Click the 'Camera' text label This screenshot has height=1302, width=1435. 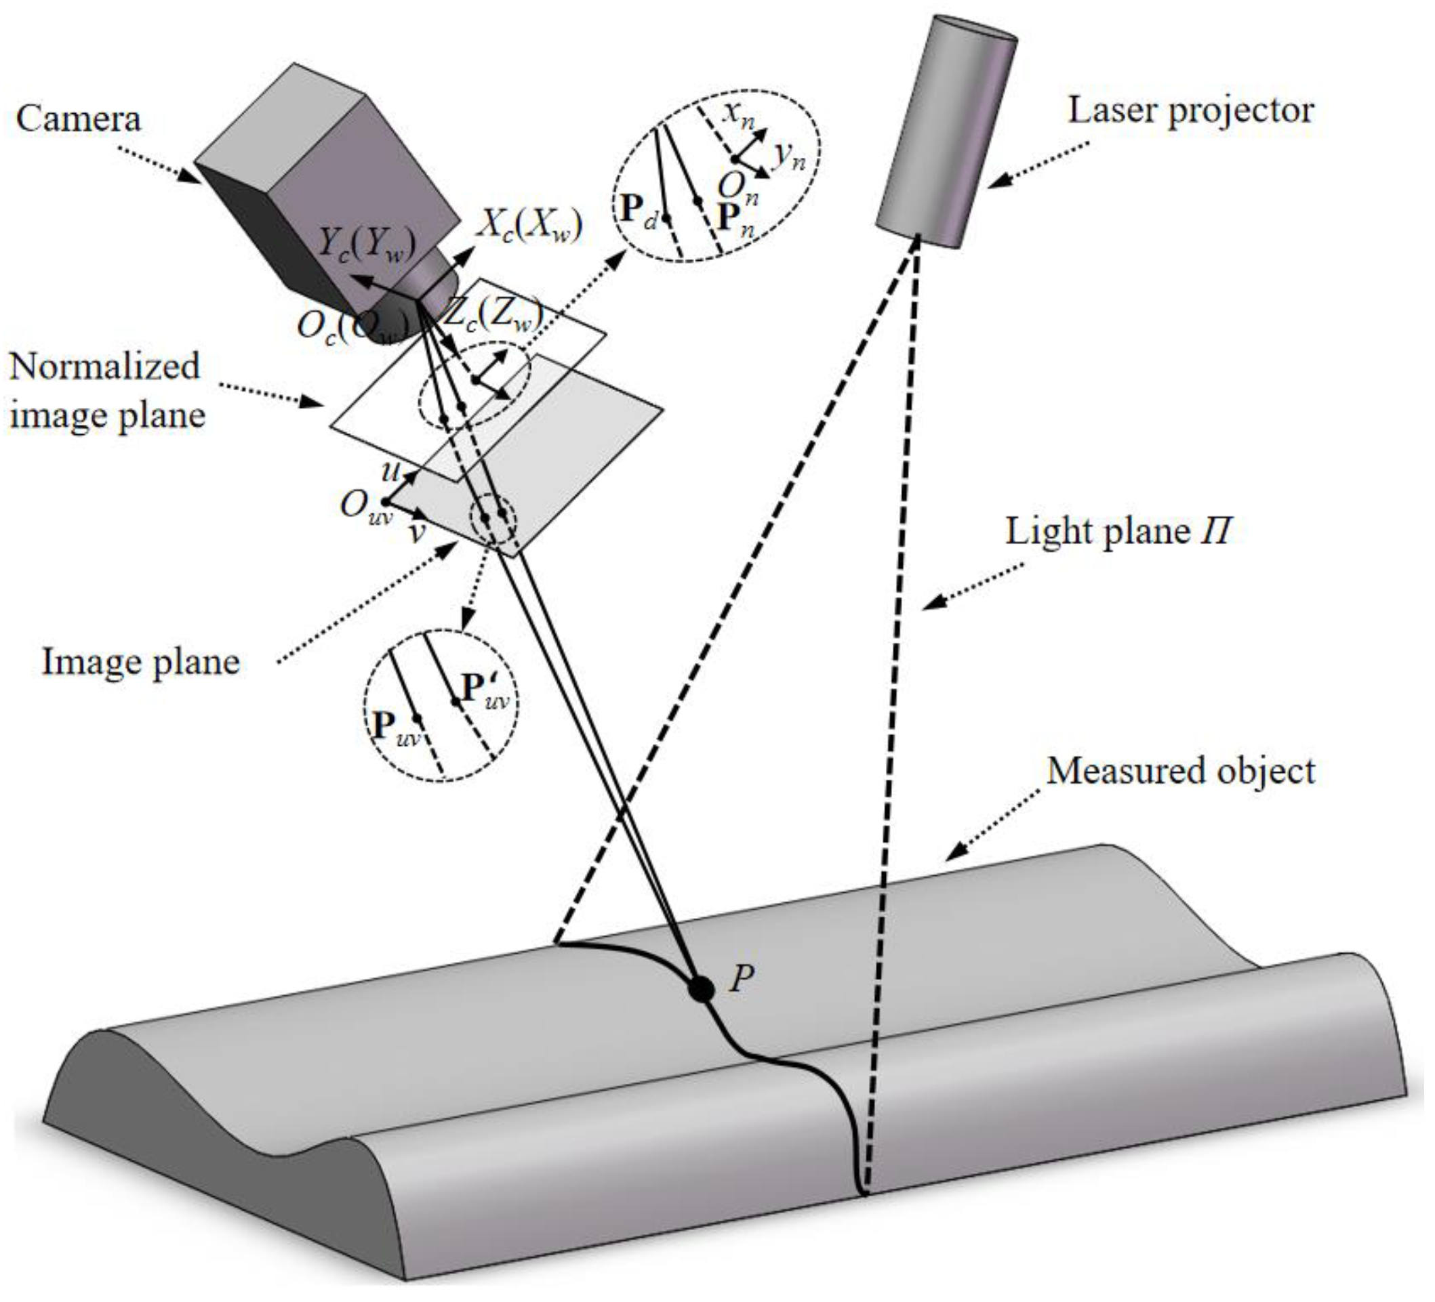tap(79, 119)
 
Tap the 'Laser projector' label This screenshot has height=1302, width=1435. tap(1191, 111)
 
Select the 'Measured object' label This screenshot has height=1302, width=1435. tap(1181, 771)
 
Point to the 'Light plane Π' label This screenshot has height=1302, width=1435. tap(1118, 532)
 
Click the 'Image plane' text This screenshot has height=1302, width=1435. tap(140, 662)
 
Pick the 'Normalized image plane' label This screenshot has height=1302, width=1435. tap(107, 391)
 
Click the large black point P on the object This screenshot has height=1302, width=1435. tap(702, 990)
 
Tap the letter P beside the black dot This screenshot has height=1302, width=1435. tap(742, 980)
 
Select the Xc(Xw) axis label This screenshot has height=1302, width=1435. tap(529, 226)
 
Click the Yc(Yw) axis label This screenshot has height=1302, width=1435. tap(366, 245)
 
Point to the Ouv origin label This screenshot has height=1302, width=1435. tap(366, 507)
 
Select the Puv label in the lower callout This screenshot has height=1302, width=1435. tap(396, 728)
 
